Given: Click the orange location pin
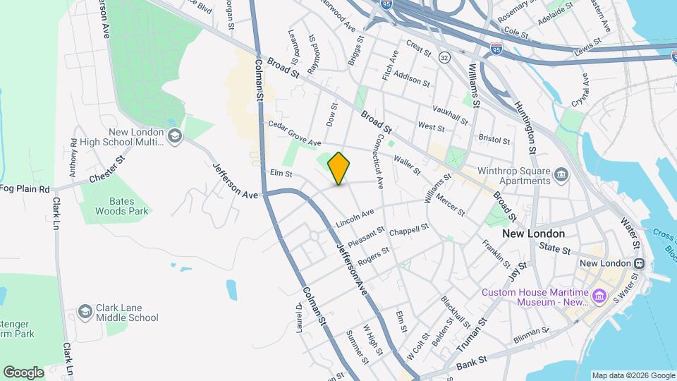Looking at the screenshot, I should point(339,168).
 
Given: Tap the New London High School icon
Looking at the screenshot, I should point(174,135).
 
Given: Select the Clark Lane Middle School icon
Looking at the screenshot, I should point(85,311).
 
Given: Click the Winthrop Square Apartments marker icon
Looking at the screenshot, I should point(561,174).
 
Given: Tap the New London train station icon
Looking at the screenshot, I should point(639,263).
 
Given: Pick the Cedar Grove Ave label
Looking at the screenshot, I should point(295,133).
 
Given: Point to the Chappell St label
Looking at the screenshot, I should point(409,230).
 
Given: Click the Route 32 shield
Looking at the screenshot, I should point(444,56).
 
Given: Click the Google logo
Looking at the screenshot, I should point(23,373).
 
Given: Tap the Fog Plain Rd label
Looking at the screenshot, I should point(25,189).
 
